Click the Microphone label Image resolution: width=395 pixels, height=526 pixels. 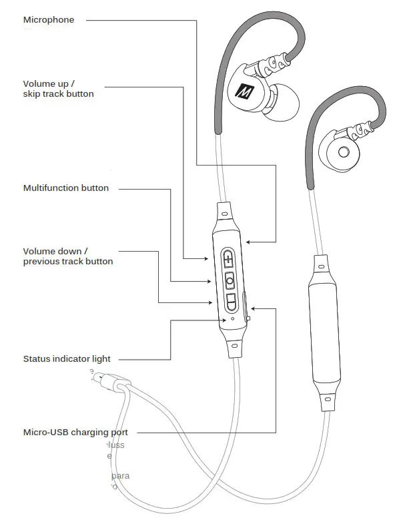49,20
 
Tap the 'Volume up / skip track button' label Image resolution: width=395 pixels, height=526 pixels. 59,89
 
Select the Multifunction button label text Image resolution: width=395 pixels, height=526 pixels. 66,188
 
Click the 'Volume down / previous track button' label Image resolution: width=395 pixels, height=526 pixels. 68,256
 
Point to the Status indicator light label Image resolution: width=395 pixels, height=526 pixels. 67,359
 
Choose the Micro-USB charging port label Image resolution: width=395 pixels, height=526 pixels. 75,433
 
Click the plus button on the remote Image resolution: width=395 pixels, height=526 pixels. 230,259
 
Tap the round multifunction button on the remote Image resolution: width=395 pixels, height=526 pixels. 230,280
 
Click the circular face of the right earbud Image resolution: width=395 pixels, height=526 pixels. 344,151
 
